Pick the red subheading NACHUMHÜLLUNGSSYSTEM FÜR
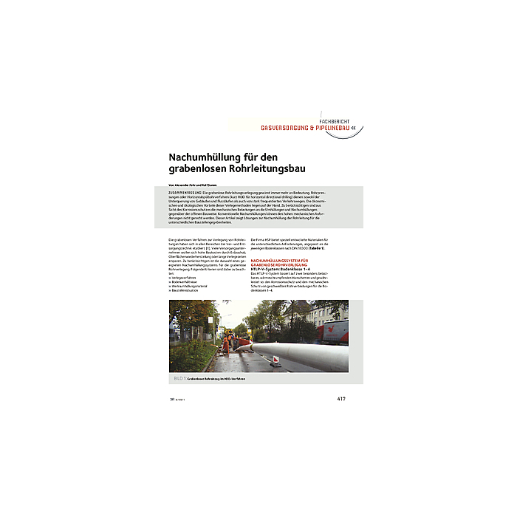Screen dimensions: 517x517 [281, 261]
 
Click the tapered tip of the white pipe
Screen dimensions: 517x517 [255, 345]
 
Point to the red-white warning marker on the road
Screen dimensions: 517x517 [276, 360]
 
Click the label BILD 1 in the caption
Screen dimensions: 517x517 [177, 378]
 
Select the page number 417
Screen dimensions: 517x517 [341, 399]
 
